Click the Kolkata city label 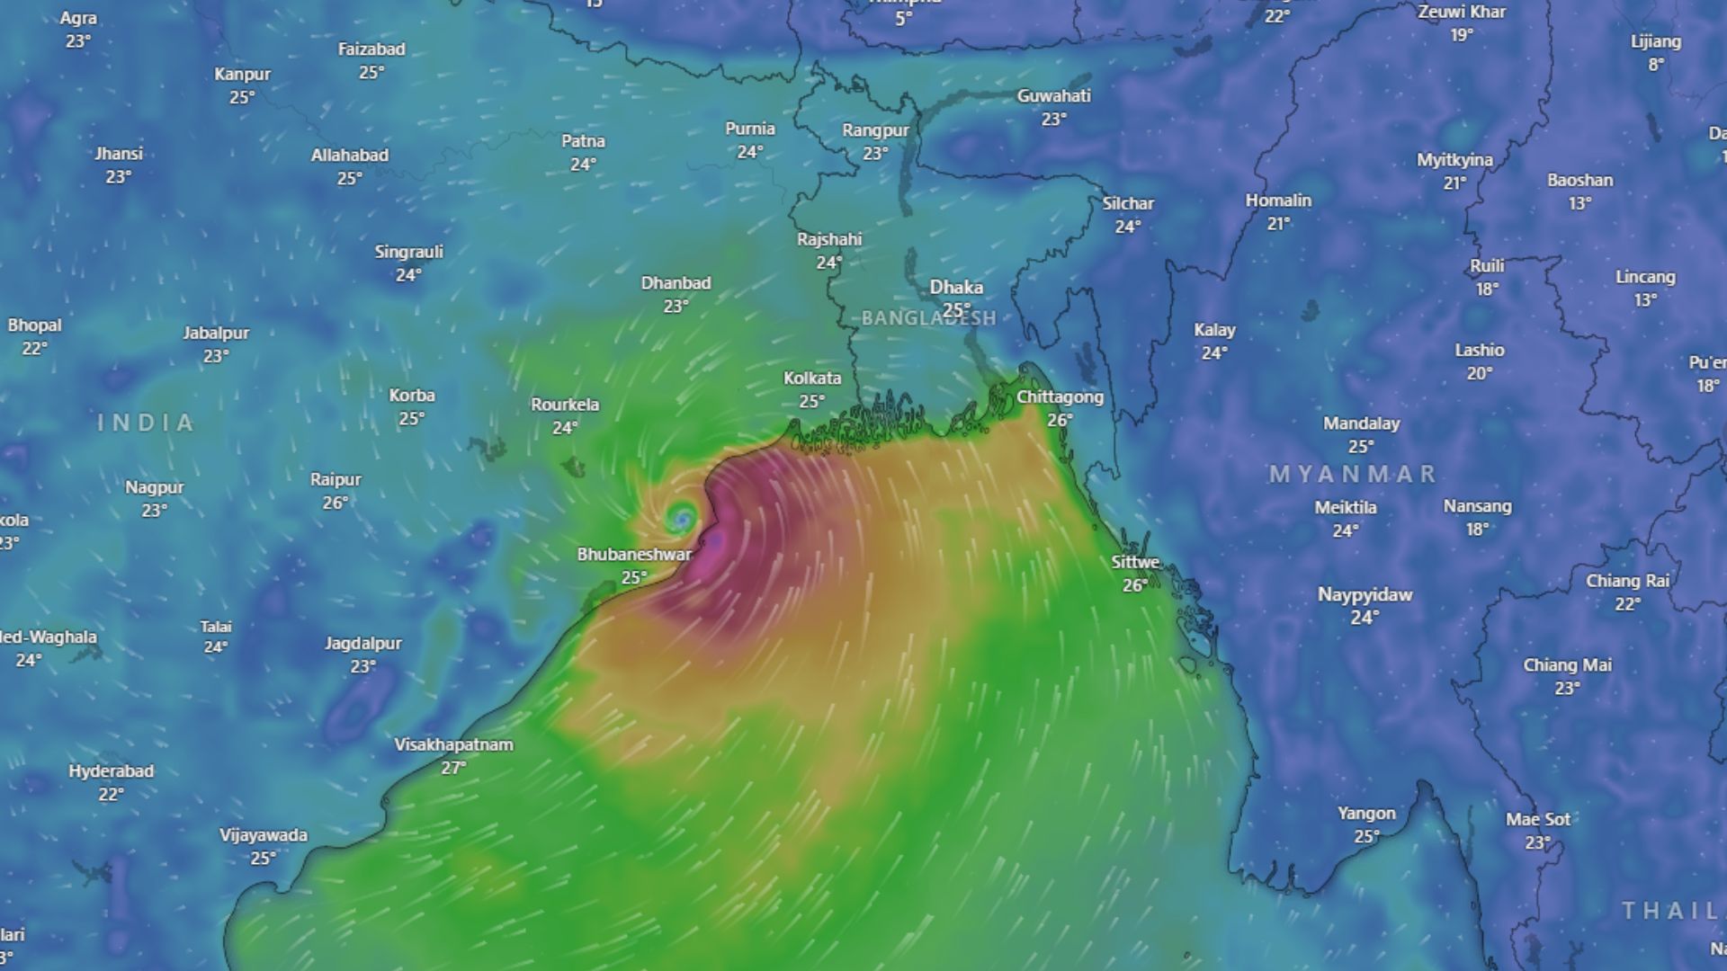812,379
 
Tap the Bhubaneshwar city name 634,555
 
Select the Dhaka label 956,288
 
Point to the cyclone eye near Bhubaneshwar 682,517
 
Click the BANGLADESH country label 929,318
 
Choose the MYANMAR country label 1353,474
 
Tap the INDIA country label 146,423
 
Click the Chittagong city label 1060,397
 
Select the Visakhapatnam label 453,745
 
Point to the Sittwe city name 1135,563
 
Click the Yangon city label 1366,814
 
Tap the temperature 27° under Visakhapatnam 453,768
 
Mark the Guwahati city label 1053,96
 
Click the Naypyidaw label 1365,595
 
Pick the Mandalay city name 1361,423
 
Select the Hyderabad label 111,771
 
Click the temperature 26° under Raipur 336,503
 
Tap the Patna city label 583,141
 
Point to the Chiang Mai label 1567,665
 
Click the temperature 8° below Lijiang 1656,65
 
